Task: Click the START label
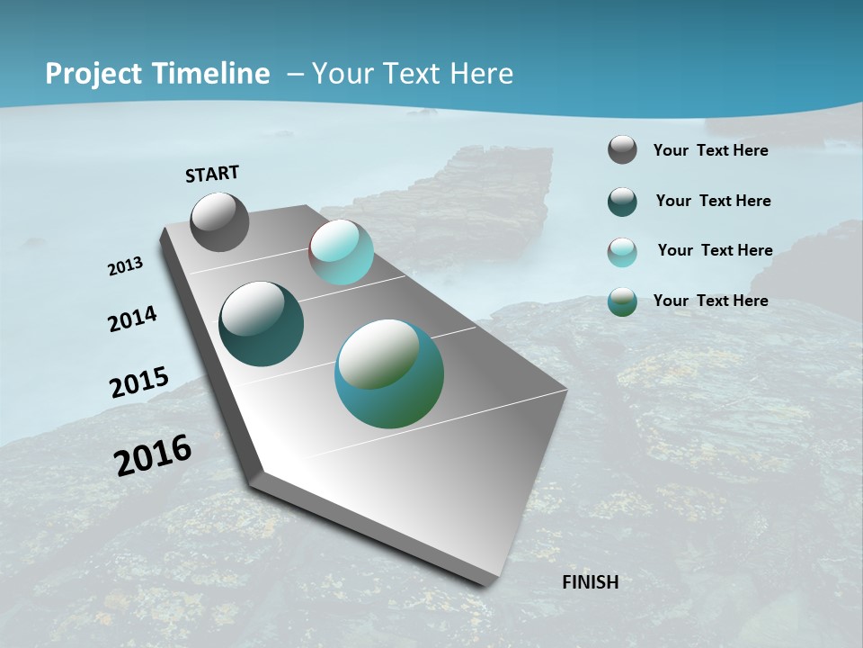212,174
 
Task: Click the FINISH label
590,582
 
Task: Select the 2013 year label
125,266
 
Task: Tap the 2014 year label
132,319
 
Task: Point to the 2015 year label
138,382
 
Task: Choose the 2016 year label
153,455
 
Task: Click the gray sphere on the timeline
219,221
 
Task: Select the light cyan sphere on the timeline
341,252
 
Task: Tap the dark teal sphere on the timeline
261,324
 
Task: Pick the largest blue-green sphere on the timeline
388,373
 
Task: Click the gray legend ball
622,149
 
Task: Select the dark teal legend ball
622,202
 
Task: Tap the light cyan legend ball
622,251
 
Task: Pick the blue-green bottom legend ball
622,301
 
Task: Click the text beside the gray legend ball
710,150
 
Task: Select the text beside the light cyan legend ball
715,250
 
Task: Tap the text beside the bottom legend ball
710,301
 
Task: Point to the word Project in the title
93,74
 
